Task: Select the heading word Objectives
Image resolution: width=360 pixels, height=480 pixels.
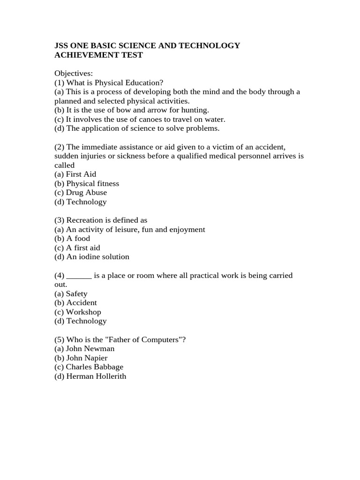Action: tap(74, 73)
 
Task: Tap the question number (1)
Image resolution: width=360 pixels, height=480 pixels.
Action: tap(60, 82)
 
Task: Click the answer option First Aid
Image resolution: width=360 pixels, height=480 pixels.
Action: tap(81, 174)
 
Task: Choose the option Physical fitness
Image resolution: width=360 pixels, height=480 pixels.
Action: tap(92, 183)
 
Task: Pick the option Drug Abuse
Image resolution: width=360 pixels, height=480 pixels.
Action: tap(86, 193)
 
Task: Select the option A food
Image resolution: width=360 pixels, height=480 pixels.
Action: tap(78, 238)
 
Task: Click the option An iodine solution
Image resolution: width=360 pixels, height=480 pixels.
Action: tap(97, 257)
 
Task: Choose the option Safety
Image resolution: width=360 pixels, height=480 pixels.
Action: tap(76, 294)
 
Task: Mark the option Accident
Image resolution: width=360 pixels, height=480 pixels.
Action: tap(82, 303)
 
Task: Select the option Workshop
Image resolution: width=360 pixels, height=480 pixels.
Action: tap(83, 312)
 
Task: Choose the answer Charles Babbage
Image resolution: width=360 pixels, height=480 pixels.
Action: tap(94, 367)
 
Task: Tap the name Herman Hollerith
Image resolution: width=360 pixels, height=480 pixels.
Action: tap(96, 376)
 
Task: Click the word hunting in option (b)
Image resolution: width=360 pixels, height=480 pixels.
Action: tap(194, 110)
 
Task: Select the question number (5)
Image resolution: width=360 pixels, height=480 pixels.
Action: tap(60, 340)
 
